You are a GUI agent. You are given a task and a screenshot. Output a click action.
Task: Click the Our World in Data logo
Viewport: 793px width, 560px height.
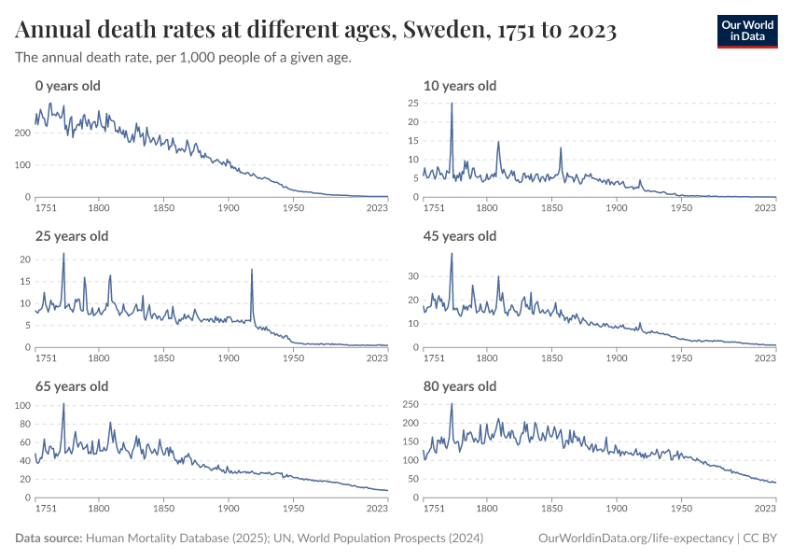click(746, 30)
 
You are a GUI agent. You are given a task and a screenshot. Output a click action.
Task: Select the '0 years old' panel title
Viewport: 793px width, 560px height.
click(67, 86)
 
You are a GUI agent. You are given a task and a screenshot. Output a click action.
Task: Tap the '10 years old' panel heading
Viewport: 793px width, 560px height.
click(459, 86)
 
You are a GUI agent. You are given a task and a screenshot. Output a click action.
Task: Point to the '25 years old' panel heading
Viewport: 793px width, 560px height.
click(72, 236)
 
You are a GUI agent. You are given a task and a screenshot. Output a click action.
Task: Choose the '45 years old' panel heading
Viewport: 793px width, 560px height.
click(460, 236)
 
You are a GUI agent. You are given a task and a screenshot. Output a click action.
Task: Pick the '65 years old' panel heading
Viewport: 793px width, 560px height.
click(72, 386)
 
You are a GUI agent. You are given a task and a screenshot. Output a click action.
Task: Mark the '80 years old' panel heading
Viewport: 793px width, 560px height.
click(460, 386)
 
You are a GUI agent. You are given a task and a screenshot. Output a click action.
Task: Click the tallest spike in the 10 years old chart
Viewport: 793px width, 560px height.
click(452, 104)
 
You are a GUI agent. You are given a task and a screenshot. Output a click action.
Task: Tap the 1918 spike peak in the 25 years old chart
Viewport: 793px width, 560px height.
click(252, 270)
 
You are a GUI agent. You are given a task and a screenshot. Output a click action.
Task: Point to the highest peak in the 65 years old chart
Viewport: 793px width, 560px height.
click(63, 403)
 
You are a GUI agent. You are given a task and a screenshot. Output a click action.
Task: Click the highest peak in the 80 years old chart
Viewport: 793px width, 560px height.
click(452, 404)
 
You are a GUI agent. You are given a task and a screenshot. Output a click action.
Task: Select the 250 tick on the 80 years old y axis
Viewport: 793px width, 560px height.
click(407, 405)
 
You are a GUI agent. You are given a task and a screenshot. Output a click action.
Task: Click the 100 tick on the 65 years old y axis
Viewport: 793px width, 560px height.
click(24, 405)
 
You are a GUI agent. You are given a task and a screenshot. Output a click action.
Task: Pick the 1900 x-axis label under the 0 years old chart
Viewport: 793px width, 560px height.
click(229, 207)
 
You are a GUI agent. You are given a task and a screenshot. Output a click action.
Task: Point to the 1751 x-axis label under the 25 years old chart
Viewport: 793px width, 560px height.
click(44, 357)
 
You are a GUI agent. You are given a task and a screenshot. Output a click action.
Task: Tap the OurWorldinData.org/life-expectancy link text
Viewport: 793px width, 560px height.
click(636, 539)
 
